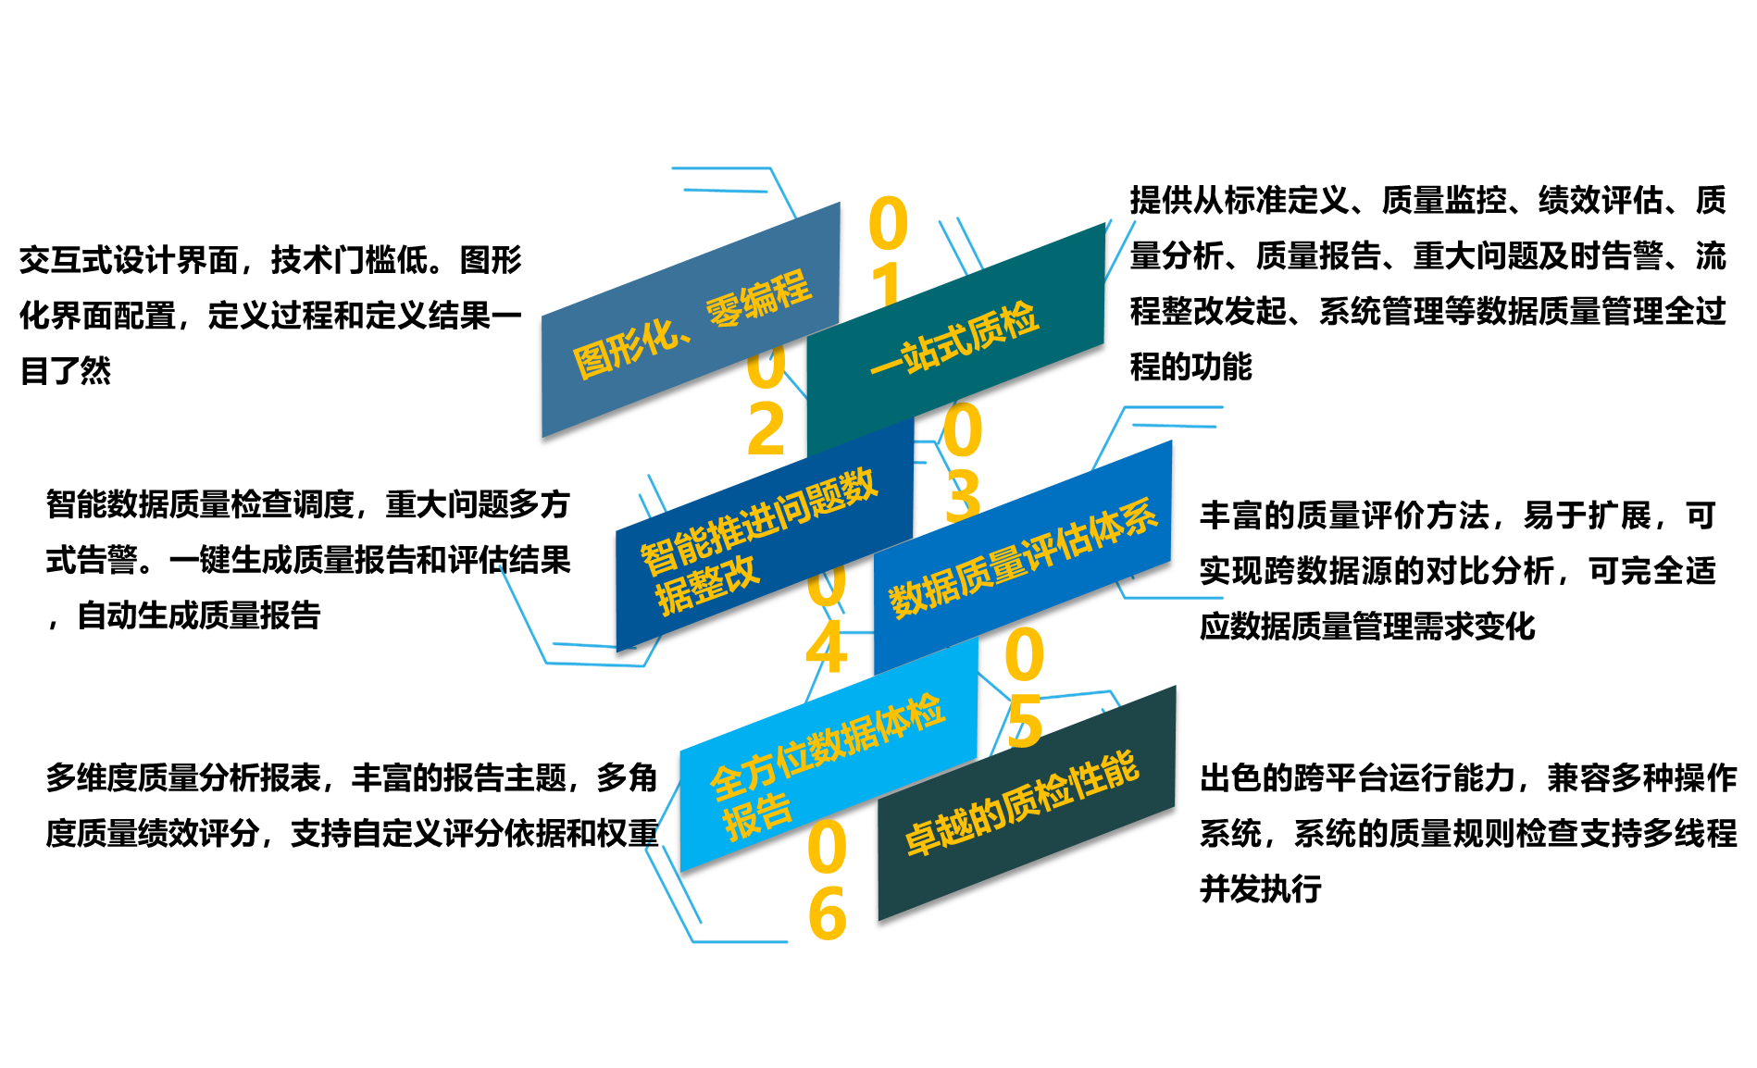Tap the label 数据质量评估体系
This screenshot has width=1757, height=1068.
(x=1023, y=557)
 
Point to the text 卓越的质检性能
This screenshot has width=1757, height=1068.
(x=1022, y=803)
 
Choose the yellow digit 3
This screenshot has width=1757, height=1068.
(x=963, y=496)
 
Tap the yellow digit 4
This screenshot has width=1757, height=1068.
(x=826, y=648)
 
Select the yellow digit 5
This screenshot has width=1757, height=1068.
(x=1025, y=722)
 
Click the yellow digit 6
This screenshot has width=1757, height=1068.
(x=827, y=914)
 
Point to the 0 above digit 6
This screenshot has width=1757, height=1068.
(x=827, y=848)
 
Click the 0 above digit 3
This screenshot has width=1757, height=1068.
(x=963, y=431)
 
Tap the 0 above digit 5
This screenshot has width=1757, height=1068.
(x=1025, y=655)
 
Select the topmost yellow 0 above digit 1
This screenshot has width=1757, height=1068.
(x=888, y=223)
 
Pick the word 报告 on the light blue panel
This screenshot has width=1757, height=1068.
(x=757, y=816)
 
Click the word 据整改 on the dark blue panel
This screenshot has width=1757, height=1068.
(x=707, y=585)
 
